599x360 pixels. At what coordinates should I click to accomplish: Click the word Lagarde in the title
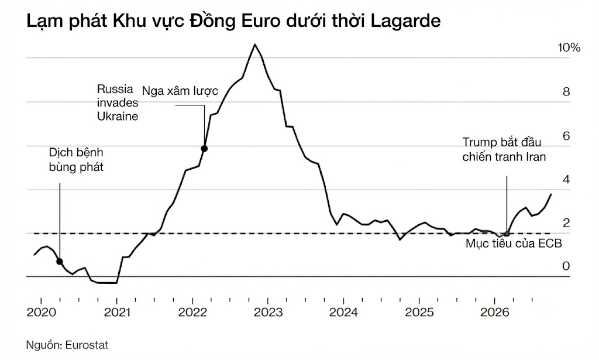pyautogui.click(x=405, y=22)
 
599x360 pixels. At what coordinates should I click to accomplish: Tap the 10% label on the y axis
pyautogui.click(x=569, y=48)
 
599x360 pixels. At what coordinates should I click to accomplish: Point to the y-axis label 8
pyautogui.click(x=566, y=92)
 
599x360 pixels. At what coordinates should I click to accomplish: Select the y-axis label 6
pyautogui.click(x=566, y=136)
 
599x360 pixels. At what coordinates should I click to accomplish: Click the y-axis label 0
pyautogui.click(x=566, y=266)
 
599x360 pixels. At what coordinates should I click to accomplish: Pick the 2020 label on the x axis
pyautogui.click(x=42, y=312)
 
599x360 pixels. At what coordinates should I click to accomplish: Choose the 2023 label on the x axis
pyautogui.click(x=268, y=312)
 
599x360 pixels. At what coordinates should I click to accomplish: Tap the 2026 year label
pyautogui.click(x=495, y=312)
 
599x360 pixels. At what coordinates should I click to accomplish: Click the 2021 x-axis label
pyautogui.click(x=117, y=312)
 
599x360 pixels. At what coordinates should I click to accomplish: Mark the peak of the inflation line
pyautogui.click(x=255, y=44)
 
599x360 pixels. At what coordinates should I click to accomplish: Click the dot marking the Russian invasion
pyautogui.click(x=204, y=148)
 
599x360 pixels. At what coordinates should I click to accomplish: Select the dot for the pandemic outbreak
pyautogui.click(x=60, y=262)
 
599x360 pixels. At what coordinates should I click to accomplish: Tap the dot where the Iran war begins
pyautogui.click(x=507, y=234)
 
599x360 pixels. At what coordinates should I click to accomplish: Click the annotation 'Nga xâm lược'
pyautogui.click(x=180, y=91)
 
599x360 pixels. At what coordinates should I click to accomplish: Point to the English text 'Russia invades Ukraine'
pyautogui.click(x=118, y=102)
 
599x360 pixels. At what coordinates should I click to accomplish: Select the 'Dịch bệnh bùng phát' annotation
pyautogui.click(x=76, y=160)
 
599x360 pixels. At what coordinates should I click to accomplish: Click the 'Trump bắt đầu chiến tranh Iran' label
pyautogui.click(x=504, y=149)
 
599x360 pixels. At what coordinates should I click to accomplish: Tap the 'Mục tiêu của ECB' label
pyautogui.click(x=514, y=244)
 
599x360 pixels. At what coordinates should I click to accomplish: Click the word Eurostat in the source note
pyautogui.click(x=87, y=345)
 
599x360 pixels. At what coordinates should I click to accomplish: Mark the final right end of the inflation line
pyautogui.click(x=551, y=194)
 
